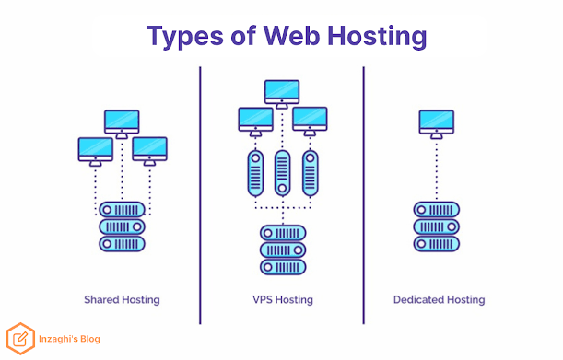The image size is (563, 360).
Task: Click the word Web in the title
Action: tap(291, 36)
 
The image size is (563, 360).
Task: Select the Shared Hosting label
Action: tap(122, 300)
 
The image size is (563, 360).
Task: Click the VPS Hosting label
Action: tap(283, 300)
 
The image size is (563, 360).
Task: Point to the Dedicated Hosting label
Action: tap(440, 300)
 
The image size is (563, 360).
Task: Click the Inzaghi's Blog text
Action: tap(69, 339)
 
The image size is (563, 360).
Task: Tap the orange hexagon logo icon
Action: tap(20, 339)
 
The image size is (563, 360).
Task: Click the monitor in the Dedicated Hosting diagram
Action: tap(437, 124)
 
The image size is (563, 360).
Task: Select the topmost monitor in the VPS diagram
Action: tap(282, 94)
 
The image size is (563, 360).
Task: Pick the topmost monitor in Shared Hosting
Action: tap(122, 124)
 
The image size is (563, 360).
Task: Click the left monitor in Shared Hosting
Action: tap(96, 152)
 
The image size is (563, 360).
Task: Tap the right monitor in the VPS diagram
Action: tap(310, 122)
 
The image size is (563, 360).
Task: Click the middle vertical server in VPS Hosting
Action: tap(283, 173)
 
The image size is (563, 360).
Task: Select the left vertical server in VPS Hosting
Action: tap(255, 173)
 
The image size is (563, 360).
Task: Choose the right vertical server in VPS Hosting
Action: tap(311, 173)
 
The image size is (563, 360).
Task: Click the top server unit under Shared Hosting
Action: tap(122, 210)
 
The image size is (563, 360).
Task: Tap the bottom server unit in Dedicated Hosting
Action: tap(437, 244)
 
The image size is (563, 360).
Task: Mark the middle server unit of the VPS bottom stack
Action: tap(283, 250)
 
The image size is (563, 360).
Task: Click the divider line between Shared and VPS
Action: tap(200, 195)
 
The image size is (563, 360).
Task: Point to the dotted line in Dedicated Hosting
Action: tap(437, 169)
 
